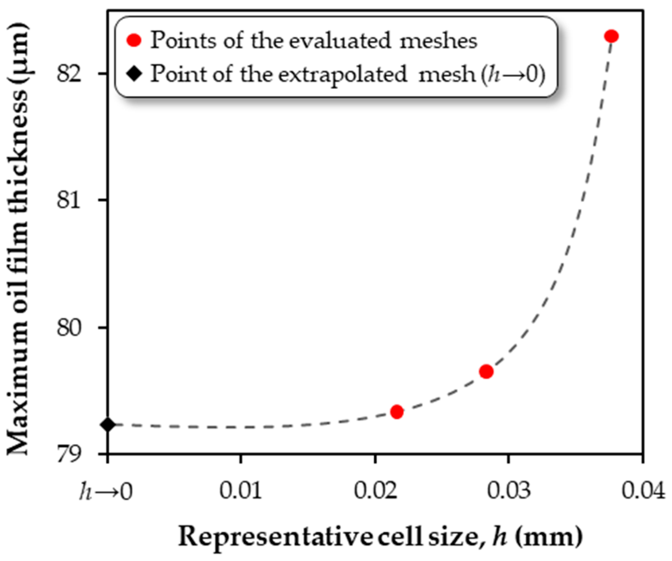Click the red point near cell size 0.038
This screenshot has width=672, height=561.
click(611, 36)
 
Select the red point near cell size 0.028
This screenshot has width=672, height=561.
click(486, 372)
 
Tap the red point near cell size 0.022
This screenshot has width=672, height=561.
click(397, 411)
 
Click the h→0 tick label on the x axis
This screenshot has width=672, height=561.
click(106, 491)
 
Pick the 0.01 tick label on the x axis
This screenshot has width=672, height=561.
click(241, 490)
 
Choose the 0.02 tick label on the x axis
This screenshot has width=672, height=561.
click(375, 490)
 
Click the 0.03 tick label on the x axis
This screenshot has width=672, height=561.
click(509, 490)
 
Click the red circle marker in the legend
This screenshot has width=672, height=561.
click(134, 40)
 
